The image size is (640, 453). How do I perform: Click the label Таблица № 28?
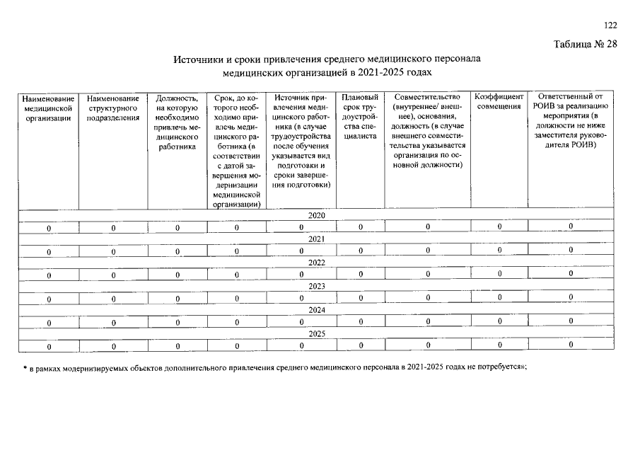[x=586, y=45]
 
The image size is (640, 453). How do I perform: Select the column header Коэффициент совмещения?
[x=499, y=101]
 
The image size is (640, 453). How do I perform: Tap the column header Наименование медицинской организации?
[x=49, y=108]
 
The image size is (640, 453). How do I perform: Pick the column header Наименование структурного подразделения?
[x=112, y=108]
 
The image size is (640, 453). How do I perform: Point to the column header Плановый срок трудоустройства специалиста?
[x=360, y=117]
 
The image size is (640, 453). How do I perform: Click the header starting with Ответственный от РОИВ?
[x=571, y=120]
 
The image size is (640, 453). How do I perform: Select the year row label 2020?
[x=317, y=215]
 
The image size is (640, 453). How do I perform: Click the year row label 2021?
[x=317, y=239]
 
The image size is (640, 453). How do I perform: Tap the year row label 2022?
[x=317, y=263]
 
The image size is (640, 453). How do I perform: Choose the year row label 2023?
[x=317, y=287]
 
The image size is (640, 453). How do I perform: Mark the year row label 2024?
[x=317, y=310]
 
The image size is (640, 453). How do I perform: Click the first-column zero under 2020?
[x=49, y=228]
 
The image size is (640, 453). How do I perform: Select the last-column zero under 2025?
[x=571, y=345]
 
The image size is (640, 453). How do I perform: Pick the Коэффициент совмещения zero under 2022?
[x=499, y=274]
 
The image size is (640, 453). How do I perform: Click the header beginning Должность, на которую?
[x=177, y=122]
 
